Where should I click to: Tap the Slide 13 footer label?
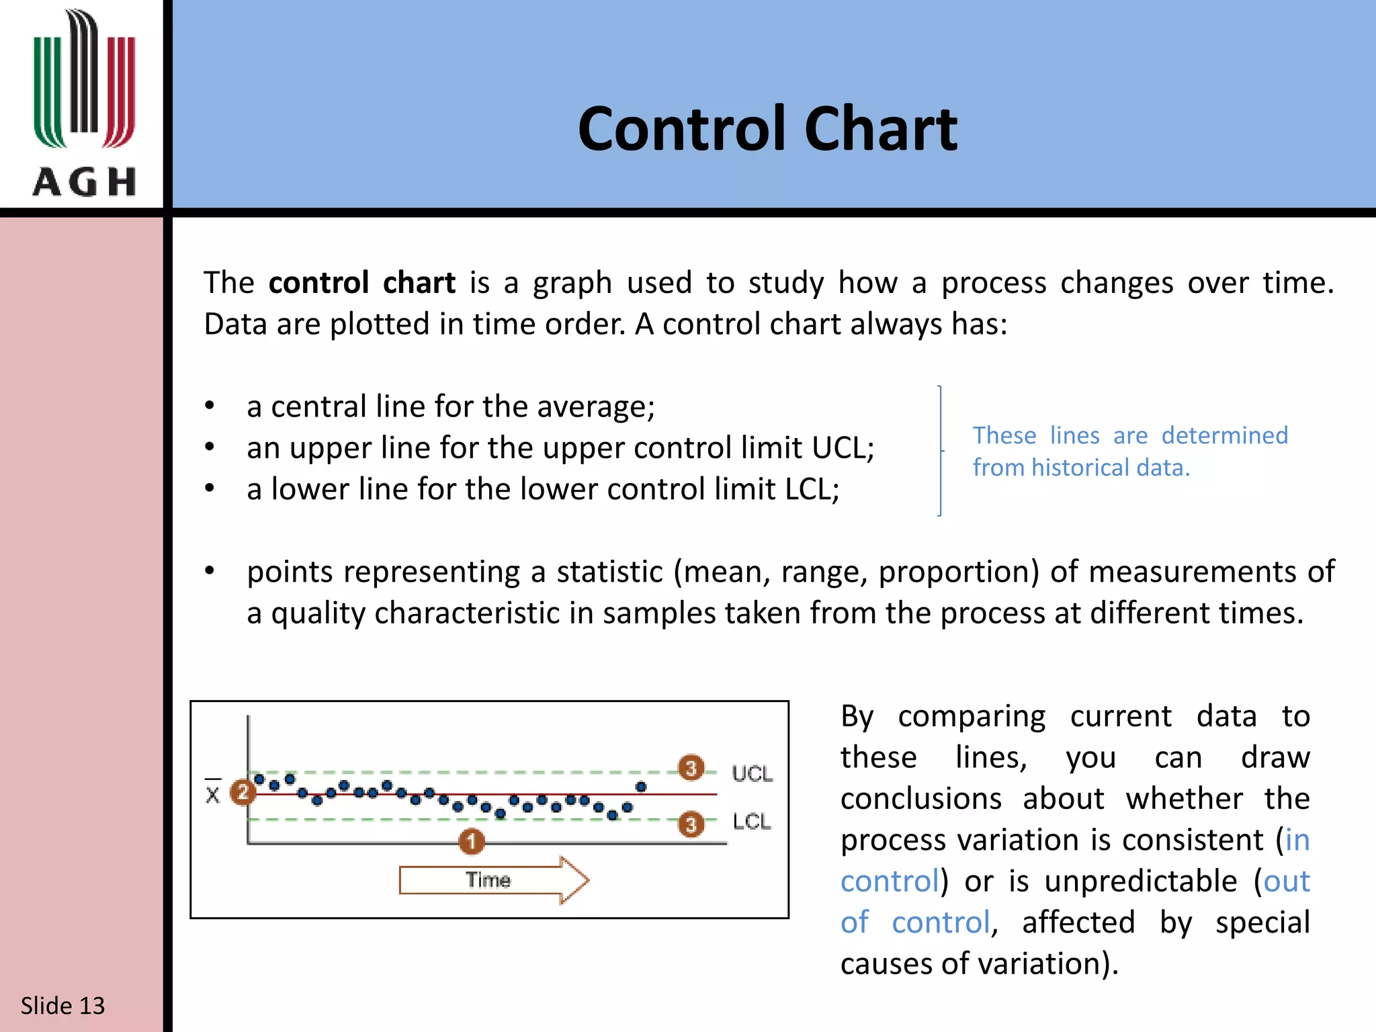62,1005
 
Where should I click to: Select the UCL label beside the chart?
752,773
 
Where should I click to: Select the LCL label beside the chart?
752,821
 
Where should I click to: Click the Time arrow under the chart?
494,879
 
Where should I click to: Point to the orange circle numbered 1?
472,841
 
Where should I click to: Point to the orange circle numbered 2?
243,793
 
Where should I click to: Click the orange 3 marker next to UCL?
691,767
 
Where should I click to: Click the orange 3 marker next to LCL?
691,824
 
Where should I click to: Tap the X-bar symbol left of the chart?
212,793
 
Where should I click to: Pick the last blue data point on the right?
641,787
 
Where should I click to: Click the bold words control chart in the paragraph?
361,282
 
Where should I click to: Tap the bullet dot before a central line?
210,406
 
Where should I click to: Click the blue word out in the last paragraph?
1286,881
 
